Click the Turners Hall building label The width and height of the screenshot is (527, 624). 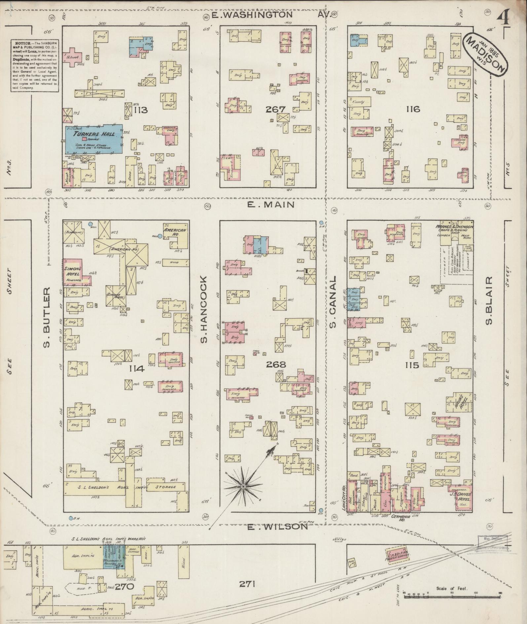coord(94,134)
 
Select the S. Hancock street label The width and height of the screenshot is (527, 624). coord(203,309)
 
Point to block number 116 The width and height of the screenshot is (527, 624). coord(413,109)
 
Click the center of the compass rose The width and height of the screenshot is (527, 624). coord(243,486)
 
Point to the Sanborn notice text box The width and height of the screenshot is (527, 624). coord(35,66)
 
